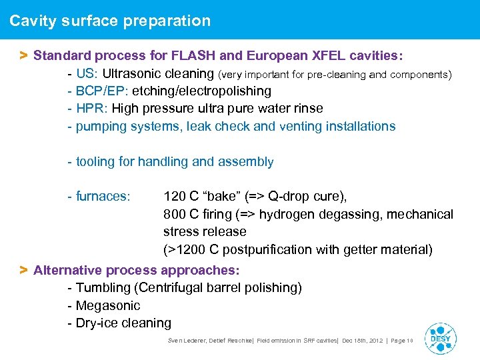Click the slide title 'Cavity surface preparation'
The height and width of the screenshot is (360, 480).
click(x=110, y=21)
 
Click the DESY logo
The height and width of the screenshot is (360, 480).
click(x=440, y=338)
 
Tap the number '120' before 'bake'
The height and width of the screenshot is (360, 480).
click(x=175, y=197)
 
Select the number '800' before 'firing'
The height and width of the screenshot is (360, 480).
click(x=175, y=214)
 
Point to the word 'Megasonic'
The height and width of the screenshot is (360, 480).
click(x=108, y=305)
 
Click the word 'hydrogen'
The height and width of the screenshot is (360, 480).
click(x=286, y=214)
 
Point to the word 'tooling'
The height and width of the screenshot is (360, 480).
click(x=95, y=161)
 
